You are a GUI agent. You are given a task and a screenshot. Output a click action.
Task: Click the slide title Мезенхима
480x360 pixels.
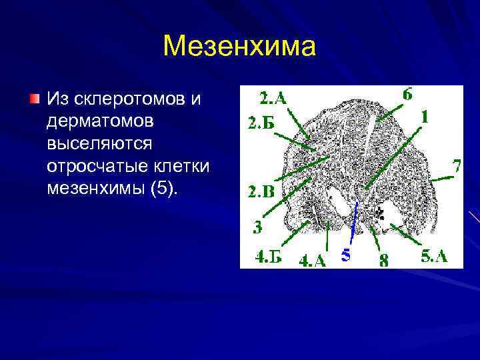pyautogui.click(x=239, y=46)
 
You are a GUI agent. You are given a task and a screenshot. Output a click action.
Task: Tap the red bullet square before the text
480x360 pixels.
pyautogui.click(x=34, y=99)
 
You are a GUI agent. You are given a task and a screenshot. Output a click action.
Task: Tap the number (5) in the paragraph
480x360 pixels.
pyautogui.click(x=164, y=189)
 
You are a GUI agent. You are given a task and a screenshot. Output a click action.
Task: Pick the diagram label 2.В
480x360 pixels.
pyautogui.click(x=261, y=193)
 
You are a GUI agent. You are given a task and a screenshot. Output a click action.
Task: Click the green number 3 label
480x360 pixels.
pyautogui.click(x=257, y=227)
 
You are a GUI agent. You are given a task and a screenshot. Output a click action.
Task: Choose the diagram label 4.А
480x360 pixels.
pyautogui.click(x=312, y=260)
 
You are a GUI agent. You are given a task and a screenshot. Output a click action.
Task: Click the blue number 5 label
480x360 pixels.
pyautogui.click(x=344, y=255)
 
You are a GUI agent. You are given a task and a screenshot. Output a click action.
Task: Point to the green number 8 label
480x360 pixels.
pyautogui.click(x=383, y=260)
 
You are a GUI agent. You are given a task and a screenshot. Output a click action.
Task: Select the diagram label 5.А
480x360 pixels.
pyautogui.click(x=434, y=256)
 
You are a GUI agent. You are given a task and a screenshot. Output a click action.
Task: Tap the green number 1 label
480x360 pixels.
pyautogui.click(x=424, y=117)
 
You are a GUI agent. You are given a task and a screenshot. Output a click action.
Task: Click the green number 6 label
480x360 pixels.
pyautogui.click(x=407, y=94)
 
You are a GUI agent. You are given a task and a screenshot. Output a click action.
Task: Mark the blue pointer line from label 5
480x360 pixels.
pyautogui.click(x=352, y=220)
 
